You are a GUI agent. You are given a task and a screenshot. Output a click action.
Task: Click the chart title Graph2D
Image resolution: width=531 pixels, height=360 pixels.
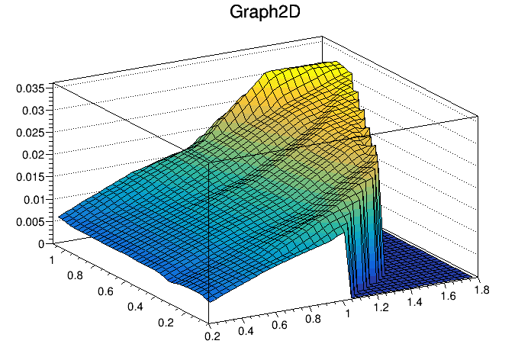(265, 13)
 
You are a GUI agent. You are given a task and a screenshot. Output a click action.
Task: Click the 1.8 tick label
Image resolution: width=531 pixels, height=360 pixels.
(482, 290)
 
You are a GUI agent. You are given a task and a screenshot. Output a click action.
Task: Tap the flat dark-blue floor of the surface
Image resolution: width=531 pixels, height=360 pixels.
(420, 263)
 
